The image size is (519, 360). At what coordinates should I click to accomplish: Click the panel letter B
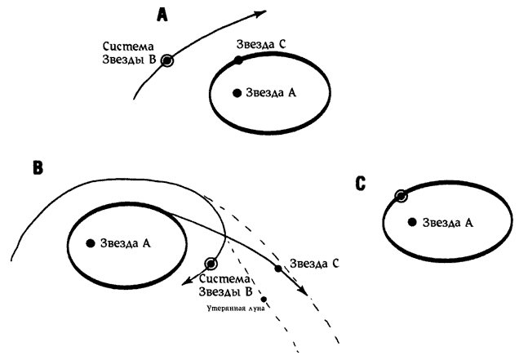(37, 169)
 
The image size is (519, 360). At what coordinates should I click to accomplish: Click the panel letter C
(360, 184)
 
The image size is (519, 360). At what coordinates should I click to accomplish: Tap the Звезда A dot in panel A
(237, 93)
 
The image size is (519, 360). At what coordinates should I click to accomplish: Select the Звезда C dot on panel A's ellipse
(238, 60)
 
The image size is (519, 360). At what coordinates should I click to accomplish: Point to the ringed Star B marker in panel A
(167, 60)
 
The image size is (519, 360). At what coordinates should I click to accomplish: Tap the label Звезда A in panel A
(271, 93)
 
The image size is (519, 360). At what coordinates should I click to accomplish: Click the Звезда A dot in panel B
(91, 242)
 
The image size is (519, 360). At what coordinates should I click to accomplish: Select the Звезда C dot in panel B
(278, 269)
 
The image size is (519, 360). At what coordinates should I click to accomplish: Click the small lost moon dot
(264, 298)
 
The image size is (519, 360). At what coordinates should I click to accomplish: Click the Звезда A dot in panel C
(413, 221)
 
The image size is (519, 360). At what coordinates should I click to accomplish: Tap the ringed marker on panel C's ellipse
(401, 196)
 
